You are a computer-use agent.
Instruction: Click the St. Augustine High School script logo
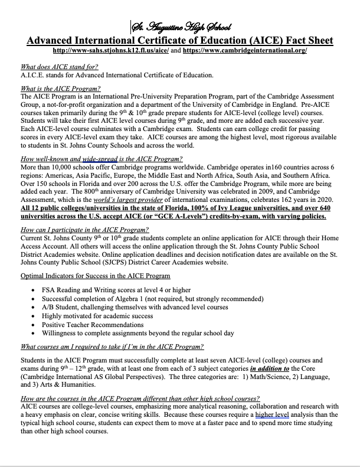[180, 27]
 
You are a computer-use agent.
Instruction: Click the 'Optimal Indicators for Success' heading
[95, 276]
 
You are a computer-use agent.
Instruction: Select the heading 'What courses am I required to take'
[112, 347]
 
